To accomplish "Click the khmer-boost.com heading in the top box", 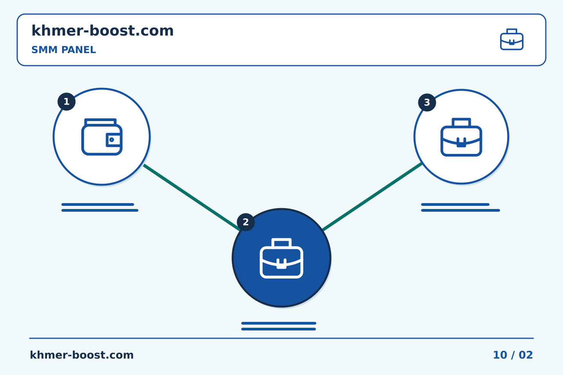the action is click(x=102, y=30).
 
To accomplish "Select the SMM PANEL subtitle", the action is click(x=64, y=50).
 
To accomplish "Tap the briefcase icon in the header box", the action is click(x=512, y=39).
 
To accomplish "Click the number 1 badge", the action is click(x=66, y=102).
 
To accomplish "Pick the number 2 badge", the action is click(x=246, y=222).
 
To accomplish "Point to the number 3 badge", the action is click(x=427, y=102).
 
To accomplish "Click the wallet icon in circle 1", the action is click(x=102, y=137).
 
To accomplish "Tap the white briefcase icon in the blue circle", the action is click(x=281, y=258).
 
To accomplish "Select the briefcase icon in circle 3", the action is click(x=461, y=137).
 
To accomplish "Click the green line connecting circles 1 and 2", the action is click(x=192, y=197).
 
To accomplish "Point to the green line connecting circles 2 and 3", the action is click(x=372, y=196).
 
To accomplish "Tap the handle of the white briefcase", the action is click(x=281, y=243).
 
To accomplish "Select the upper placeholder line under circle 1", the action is click(x=98, y=204).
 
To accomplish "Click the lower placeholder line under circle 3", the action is click(x=461, y=211).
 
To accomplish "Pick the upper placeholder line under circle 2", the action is click(x=279, y=323).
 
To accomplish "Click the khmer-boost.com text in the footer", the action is click(x=82, y=355).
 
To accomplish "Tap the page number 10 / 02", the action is click(x=513, y=355).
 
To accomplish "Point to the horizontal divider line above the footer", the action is click(x=281, y=338).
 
